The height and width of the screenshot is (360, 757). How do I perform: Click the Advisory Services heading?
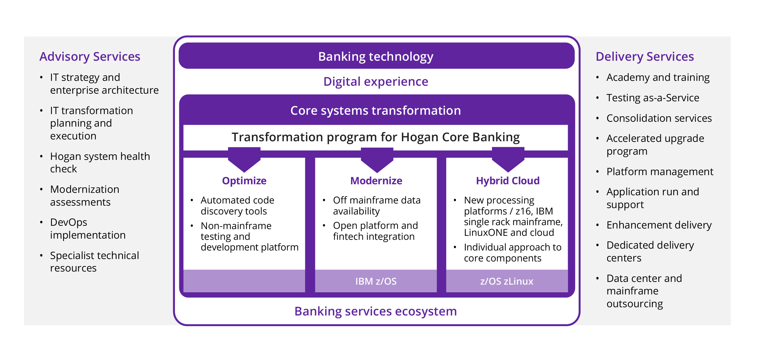(90, 57)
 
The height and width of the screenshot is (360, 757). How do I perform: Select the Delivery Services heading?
(645, 57)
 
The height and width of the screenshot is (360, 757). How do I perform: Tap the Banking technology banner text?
(376, 57)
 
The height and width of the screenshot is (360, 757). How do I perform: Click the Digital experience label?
(376, 82)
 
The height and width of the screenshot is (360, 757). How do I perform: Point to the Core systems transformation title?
(376, 110)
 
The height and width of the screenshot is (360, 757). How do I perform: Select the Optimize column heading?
(244, 181)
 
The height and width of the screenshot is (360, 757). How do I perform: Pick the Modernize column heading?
(376, 181)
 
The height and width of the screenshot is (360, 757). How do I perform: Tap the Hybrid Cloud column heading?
(508, 181)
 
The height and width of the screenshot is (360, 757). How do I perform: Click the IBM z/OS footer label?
(376, 281)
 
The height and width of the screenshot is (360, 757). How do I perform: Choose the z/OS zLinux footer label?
(507, 281)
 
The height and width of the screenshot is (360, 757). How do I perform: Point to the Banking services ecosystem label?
(376, 311)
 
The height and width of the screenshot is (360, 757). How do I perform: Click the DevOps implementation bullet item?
(88, 229)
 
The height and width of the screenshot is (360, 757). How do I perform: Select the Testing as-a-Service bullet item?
(653, 98)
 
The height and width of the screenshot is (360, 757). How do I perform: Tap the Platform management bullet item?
(660, 172)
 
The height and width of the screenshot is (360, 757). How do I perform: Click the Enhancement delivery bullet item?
(659, 225)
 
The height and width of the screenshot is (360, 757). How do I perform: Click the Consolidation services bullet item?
(659, 118)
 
